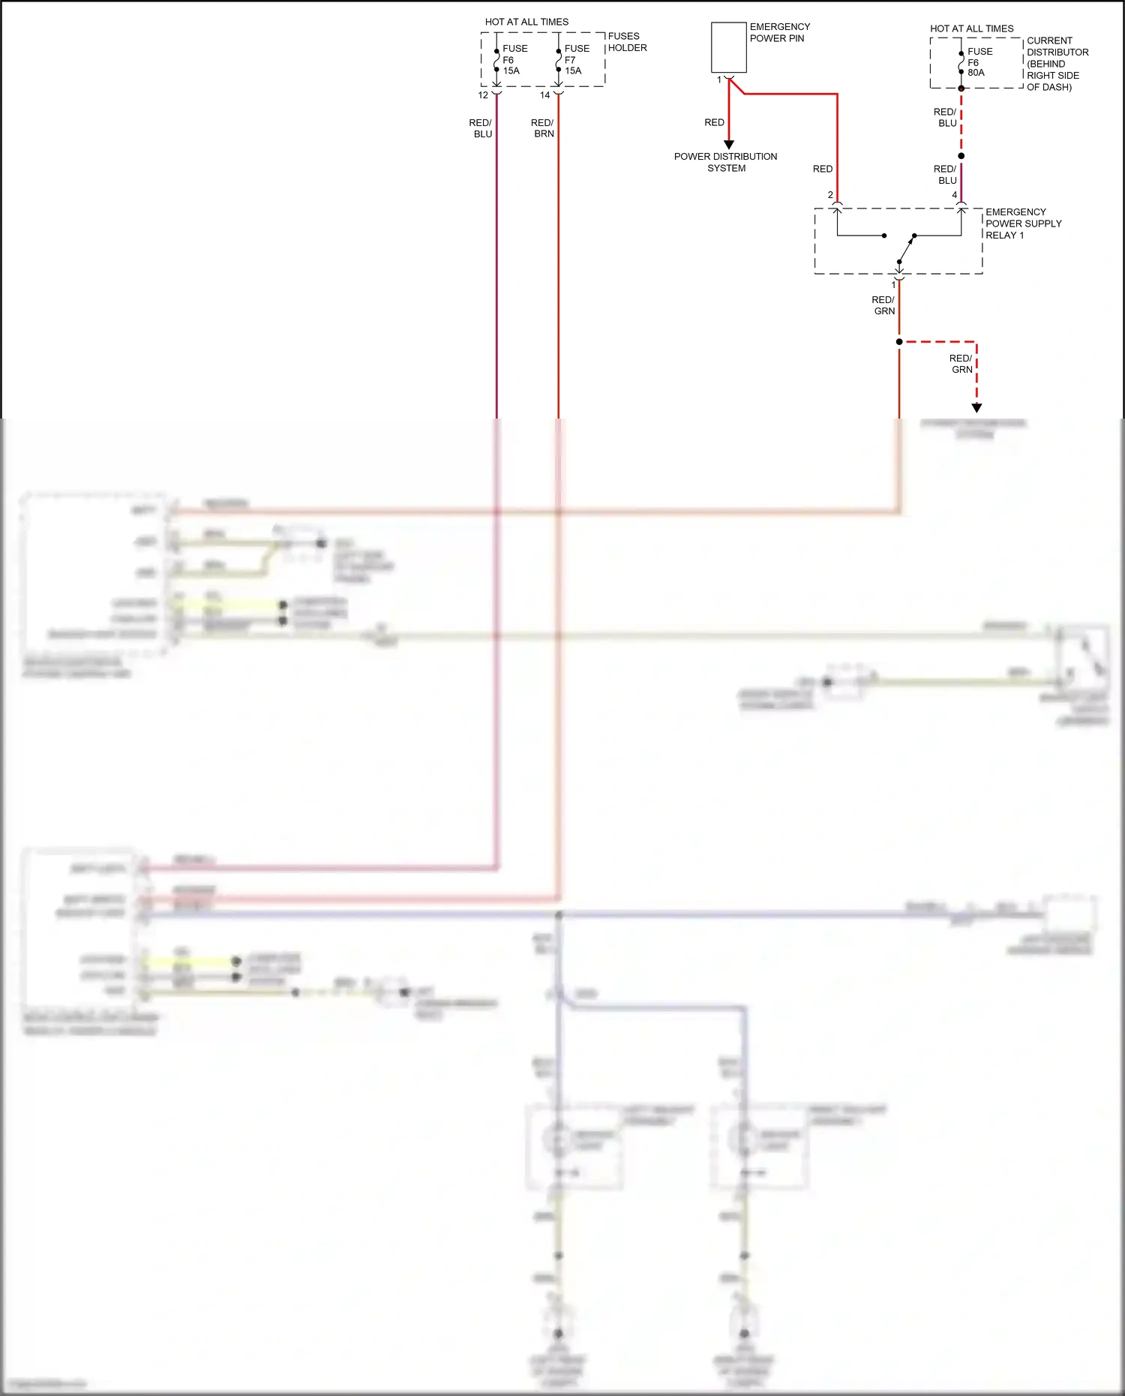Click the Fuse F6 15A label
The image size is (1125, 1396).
coord(514,60)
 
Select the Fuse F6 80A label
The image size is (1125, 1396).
coord(979,62)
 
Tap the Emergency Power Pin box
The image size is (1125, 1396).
coord(728,47)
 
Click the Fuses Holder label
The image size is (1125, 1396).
coord(627,42)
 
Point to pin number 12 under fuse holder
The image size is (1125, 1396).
coord(483,95)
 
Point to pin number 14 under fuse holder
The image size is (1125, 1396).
coord(545,95)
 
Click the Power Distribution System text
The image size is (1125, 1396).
coord(725,162)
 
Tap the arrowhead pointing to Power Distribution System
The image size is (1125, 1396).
coord(729,145)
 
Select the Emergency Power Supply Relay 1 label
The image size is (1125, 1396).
coord(1022,224)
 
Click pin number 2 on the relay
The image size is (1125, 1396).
coord(830,195)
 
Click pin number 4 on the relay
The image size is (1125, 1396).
coord(955,195)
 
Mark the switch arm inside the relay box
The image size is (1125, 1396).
coord(907,249)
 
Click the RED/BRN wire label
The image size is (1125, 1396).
coord(543,128)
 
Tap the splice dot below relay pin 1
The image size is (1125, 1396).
coord(899,342)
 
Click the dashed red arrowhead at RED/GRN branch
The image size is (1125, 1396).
coord(976,408)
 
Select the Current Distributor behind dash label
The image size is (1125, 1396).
coord(1056,64)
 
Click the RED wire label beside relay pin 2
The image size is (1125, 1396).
coord(823,170)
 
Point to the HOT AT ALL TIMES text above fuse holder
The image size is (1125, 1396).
coord(526,22)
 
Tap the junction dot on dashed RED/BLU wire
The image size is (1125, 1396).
coord(961,156)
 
